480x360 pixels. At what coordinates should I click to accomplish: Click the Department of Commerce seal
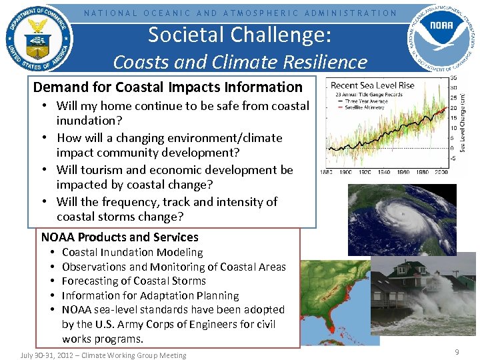click(39, 40)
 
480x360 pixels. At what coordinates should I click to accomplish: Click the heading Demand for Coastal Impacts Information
click(167, 87)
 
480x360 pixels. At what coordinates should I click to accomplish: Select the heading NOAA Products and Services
click(120, 237)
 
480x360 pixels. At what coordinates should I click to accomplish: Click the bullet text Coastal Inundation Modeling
click(132, 252)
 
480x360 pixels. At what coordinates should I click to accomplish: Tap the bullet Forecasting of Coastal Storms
click(133, 281)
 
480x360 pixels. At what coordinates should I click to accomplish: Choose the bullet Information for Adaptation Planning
click(150, 295)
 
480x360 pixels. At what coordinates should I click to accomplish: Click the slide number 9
click(457, 351)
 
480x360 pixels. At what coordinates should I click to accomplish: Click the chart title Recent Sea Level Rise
click(373, 85)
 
